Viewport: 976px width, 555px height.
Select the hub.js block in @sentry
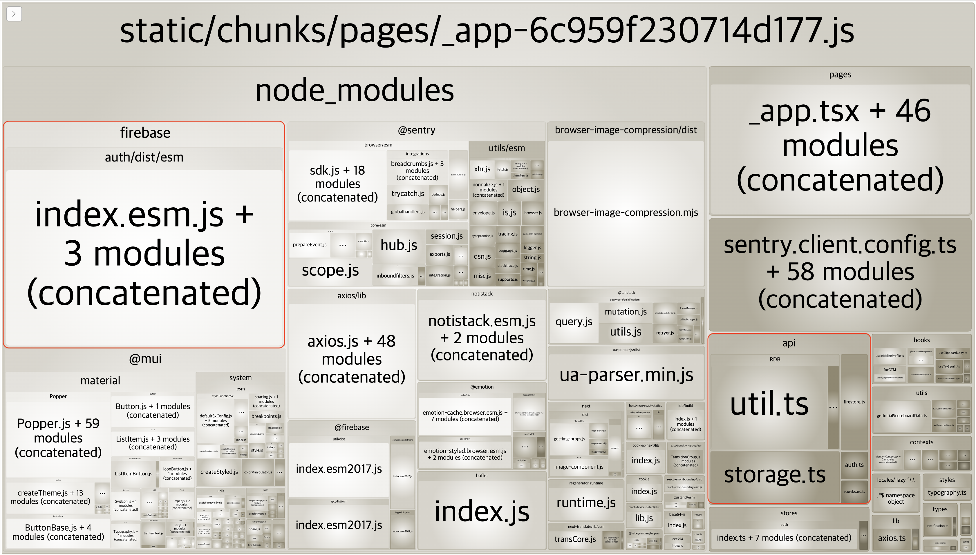[399, 245]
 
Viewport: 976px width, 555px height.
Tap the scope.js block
[330, 270]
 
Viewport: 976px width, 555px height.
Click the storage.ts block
[774, 475]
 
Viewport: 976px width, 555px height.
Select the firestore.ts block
[854, 402]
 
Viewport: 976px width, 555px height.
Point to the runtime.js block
[586, 503]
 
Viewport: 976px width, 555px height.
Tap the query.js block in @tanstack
[574, 322]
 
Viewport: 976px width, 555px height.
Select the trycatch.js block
[407, 194]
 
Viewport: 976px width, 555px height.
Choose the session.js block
[446, 236]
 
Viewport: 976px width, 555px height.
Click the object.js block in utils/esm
[525, 189]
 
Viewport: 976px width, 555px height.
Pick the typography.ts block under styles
[947, 492]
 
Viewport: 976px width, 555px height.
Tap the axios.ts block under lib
[891, 538]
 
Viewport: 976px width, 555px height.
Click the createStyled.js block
[219, 472]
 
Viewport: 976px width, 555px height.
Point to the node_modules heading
[354, 91]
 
